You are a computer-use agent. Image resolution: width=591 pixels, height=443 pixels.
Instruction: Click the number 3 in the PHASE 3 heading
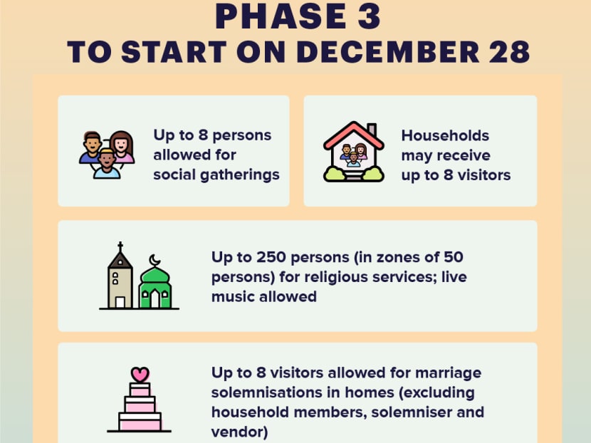369,16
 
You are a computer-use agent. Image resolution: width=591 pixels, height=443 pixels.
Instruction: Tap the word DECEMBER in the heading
388,52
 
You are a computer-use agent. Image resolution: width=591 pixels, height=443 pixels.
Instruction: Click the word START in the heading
174,52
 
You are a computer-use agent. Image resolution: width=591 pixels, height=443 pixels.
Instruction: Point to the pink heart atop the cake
140,375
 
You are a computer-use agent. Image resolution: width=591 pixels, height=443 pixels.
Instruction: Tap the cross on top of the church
120,246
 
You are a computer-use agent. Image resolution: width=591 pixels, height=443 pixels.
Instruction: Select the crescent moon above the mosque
154,260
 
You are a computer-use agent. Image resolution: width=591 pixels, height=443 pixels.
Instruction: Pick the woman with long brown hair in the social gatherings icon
121,147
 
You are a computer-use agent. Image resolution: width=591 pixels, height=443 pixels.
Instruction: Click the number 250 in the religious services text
271,257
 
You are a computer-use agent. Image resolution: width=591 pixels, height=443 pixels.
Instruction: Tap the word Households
445,135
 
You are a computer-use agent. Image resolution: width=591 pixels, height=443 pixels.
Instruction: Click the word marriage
448,373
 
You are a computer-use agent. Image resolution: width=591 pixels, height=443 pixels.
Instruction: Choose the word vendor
239,432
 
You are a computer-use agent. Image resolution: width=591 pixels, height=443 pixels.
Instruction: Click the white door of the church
120,303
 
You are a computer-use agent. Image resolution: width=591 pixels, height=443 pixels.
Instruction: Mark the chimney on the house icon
372,130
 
